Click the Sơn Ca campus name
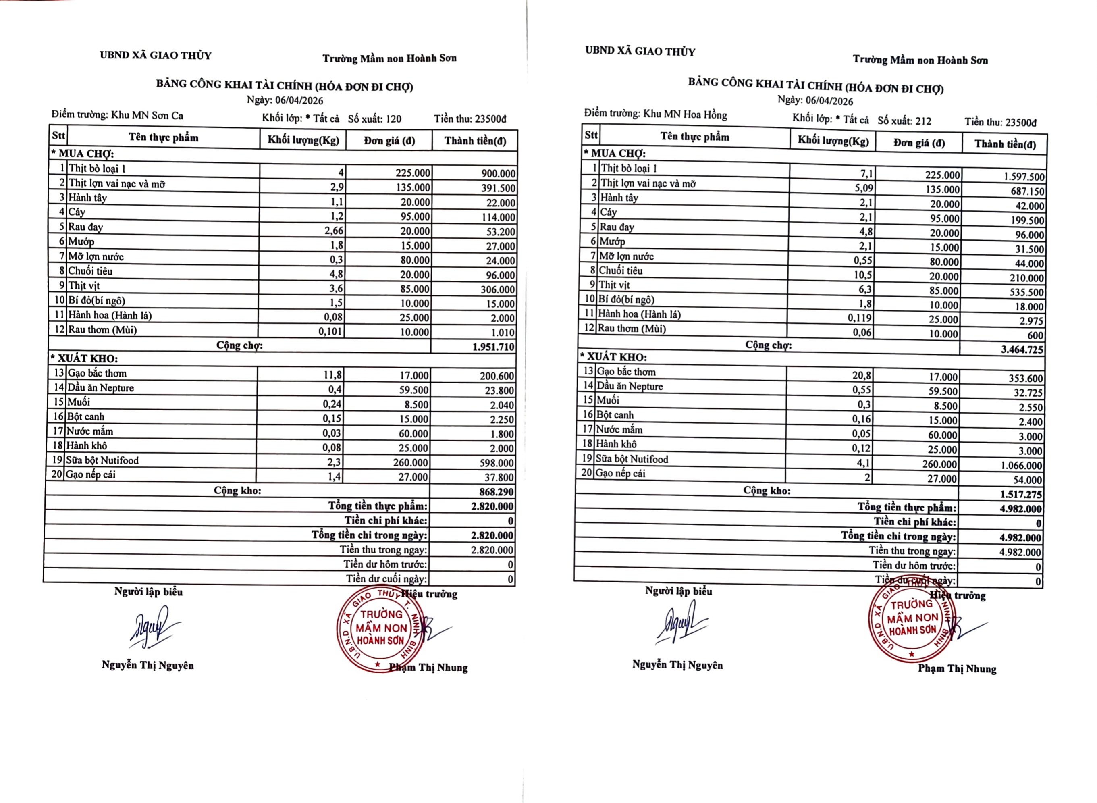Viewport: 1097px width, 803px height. pos(147,116)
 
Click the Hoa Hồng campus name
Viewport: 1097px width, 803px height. pos(685,115)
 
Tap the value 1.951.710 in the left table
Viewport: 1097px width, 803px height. pos(493,347)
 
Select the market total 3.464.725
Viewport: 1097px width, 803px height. pos(1022,349)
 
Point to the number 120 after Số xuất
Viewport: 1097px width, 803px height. pos(393,119)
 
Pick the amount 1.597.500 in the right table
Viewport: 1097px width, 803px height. pos(1024,177)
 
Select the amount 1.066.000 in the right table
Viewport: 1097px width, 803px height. pos(1021,466)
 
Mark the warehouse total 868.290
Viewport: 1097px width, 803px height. pos(496,492)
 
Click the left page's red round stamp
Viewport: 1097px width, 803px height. pos(380,630)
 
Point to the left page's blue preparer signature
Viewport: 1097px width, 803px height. pos(152,627)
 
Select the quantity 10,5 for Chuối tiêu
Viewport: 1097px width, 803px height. pos(863,275)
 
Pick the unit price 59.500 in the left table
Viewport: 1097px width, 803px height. pos(413,390)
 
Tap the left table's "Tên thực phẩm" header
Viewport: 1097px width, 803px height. pos(163,137)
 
